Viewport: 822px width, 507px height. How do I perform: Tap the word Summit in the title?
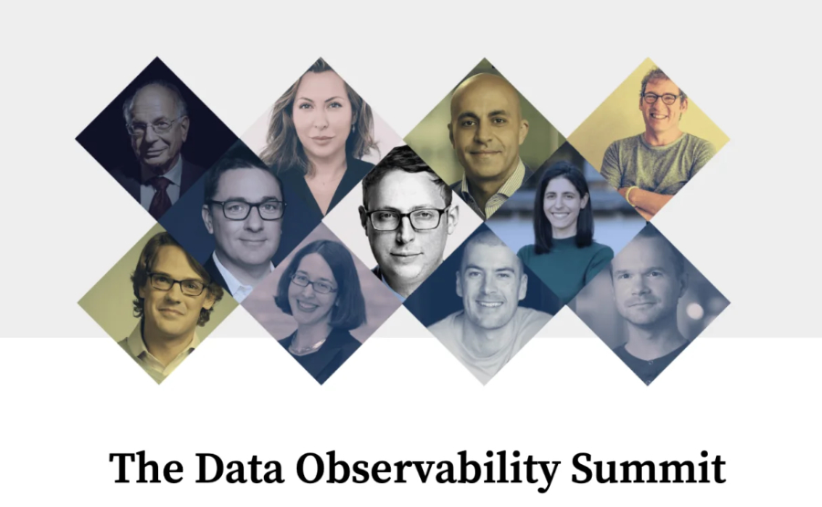(x=648, y=468)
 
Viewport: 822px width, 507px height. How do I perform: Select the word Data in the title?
(x=239, y=468)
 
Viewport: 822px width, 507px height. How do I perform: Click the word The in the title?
(x=146, y=468)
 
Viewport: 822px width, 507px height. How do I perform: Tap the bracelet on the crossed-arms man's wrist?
(x=629, y=196)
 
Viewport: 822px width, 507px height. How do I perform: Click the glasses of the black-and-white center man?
(x=406, y=218)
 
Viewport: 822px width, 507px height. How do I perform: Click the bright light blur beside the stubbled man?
(x=695, y=311)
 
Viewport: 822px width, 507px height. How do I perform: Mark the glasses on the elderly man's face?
(x=153, y=126)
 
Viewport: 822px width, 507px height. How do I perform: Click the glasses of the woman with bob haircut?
(x=313, y=284)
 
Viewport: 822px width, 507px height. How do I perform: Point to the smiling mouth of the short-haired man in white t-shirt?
(x=490, y=304)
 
